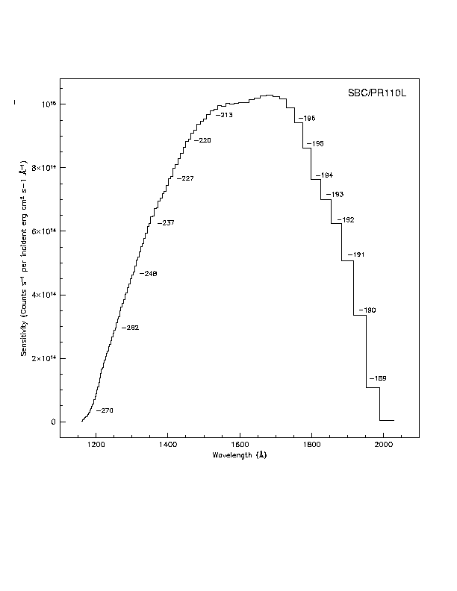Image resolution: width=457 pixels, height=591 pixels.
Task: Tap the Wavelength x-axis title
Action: tap(239, 454)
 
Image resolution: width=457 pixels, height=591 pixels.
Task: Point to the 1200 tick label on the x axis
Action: tap(96, 445)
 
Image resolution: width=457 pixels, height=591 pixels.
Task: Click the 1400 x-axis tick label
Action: tap(167, 445)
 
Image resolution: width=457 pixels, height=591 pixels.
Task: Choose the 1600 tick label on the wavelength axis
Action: tap(239, 445)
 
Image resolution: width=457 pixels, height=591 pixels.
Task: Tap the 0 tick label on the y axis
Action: tap(53, 422)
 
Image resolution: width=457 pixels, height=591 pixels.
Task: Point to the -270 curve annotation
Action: tap(105, 411)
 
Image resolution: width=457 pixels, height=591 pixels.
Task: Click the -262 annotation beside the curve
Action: tap(131, 328)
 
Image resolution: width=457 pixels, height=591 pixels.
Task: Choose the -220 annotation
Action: tap(202, 141)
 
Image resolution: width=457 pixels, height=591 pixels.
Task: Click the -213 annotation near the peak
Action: tap(224, 115)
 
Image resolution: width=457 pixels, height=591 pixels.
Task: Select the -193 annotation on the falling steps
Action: tap(335, 195)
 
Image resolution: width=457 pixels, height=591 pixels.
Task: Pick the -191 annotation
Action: tap(355, 255)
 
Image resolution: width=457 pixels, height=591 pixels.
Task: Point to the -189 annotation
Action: tap(377, 379)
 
